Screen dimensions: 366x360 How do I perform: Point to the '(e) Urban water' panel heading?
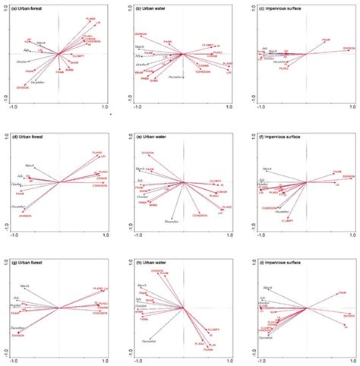click(x=150, y=137)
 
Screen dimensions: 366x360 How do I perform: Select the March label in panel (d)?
click(x=30, y=165)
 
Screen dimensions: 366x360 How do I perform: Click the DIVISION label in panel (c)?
click(x=349, y=49)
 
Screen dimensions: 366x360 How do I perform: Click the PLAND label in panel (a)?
click(x=90, y=17)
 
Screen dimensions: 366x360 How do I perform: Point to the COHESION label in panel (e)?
click(x=201, y=216)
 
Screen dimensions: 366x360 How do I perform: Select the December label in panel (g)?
click(x=19, y=328)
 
